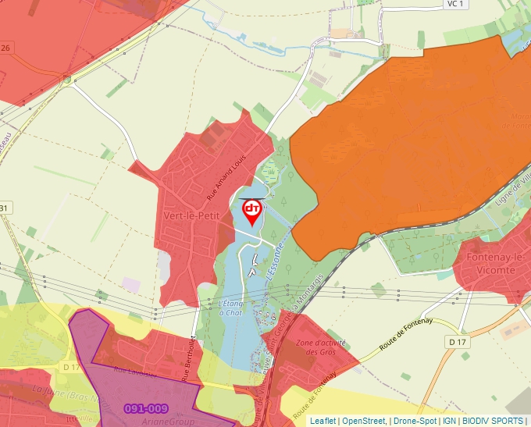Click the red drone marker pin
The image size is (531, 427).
[252, 211]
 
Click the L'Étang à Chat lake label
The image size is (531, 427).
[232, 308]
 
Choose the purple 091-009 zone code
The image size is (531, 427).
[146, 408]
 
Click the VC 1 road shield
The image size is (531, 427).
[457, 4]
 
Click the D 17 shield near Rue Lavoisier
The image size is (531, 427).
[71, 367]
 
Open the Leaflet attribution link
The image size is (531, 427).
[323, 421]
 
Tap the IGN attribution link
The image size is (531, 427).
[449, 421]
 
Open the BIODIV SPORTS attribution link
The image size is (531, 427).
[493, 421]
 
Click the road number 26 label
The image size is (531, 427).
[6, 48]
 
